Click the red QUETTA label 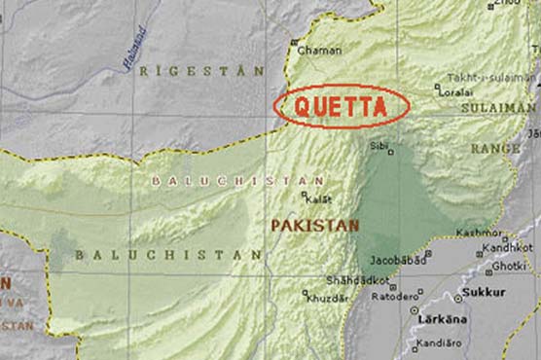point(342,106)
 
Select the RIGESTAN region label point(201,71)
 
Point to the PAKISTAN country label point(314,225)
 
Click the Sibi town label point(378,147)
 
